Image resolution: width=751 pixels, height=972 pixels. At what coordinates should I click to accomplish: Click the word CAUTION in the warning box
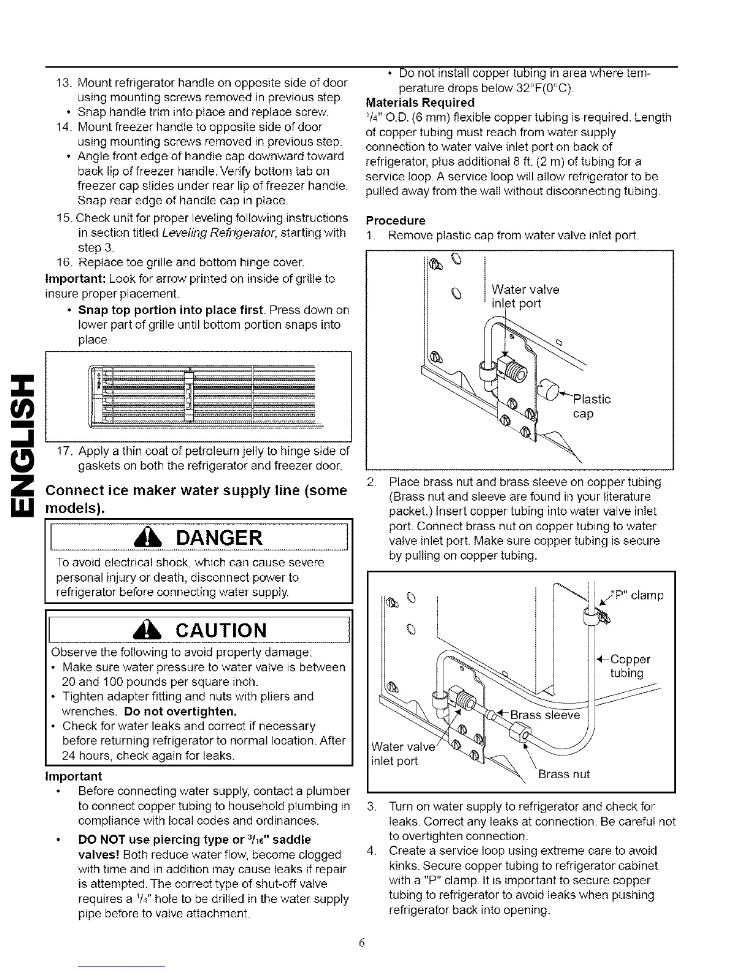221,630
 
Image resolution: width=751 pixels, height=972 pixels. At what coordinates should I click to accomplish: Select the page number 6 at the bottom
363,943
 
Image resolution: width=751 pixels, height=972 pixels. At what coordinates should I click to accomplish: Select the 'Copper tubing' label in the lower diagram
630,666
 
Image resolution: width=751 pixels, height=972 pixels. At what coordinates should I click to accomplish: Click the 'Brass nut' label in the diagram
564,774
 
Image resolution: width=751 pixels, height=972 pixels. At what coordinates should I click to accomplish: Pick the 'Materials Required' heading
420,102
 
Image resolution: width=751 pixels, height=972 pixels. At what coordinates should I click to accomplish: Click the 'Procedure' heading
395,220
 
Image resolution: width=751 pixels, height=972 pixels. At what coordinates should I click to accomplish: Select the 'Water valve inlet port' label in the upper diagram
525,296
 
